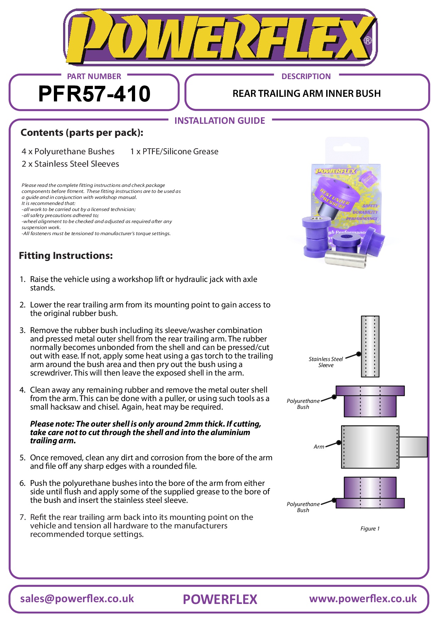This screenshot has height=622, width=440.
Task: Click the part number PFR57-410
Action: (94, 94)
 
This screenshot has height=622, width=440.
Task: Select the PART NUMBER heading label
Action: (94, 76)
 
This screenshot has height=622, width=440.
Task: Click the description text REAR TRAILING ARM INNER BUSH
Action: (306, 94)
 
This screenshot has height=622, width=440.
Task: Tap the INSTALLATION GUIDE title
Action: (219, 121)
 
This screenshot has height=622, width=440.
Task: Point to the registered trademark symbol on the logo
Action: (368, 40)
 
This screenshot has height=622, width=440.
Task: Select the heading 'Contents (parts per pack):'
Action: (82, 133)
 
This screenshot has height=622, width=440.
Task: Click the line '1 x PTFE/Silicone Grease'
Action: (174, 151)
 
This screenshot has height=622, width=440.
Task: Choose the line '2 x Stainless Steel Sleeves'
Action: (70, 164)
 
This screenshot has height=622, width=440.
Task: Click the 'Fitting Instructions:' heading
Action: (66, 255)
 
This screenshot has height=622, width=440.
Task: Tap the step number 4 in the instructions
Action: (22, 390)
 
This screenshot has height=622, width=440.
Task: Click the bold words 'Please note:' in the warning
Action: (52, 424)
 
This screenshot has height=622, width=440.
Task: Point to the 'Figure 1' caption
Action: (370, 528)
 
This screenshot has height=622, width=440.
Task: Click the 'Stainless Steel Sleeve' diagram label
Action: (326, 362)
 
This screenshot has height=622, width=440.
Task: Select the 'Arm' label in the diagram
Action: (319, 447)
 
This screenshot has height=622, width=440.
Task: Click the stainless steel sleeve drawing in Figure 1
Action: (370, 346)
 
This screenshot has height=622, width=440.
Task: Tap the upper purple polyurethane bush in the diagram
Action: (370, 401)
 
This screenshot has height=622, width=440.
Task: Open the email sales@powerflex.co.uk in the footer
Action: (77, 599)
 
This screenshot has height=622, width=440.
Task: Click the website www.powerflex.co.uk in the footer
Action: (363, 599)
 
